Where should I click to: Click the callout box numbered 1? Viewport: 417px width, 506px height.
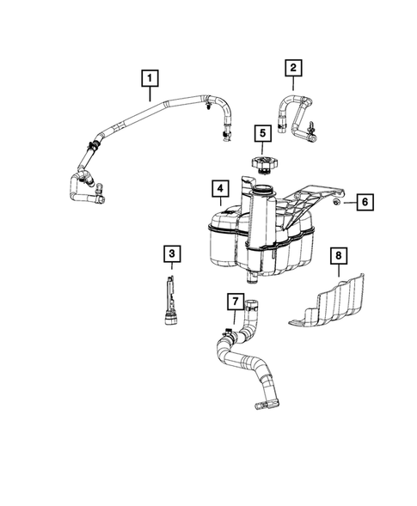point(150,80)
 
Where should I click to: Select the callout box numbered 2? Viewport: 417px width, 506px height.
point(294,66)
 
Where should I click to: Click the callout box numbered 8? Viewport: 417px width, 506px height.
point(340,254)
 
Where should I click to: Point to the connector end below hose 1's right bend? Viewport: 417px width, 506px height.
point(226,134)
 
